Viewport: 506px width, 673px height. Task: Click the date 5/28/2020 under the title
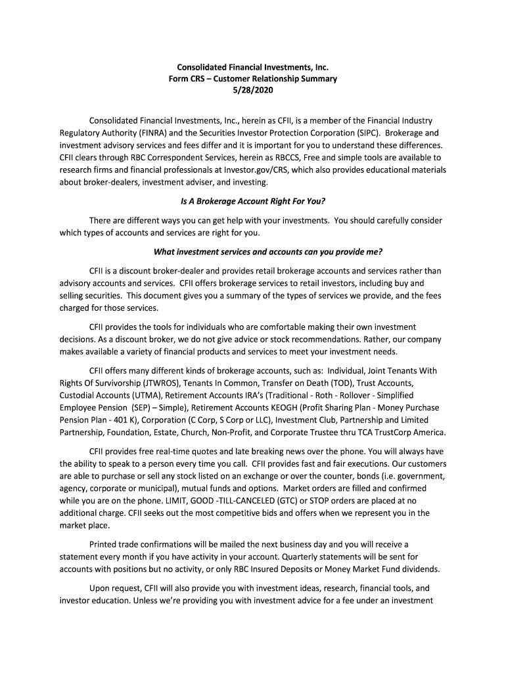[253, 90]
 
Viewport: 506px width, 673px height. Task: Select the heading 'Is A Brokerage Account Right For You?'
[253, 200]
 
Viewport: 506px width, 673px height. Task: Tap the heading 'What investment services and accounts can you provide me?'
[267, 251]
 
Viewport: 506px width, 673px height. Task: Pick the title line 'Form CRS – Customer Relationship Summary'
[253, 78]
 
